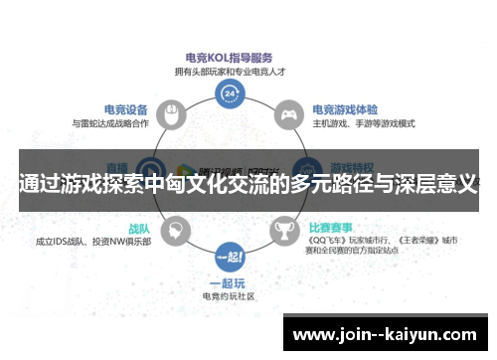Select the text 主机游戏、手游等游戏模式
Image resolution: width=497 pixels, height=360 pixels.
(364, 123)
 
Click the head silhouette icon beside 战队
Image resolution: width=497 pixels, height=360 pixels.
(175, 231)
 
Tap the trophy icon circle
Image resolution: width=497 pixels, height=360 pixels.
(286, 231)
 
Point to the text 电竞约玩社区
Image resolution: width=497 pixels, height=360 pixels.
(230, 295)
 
